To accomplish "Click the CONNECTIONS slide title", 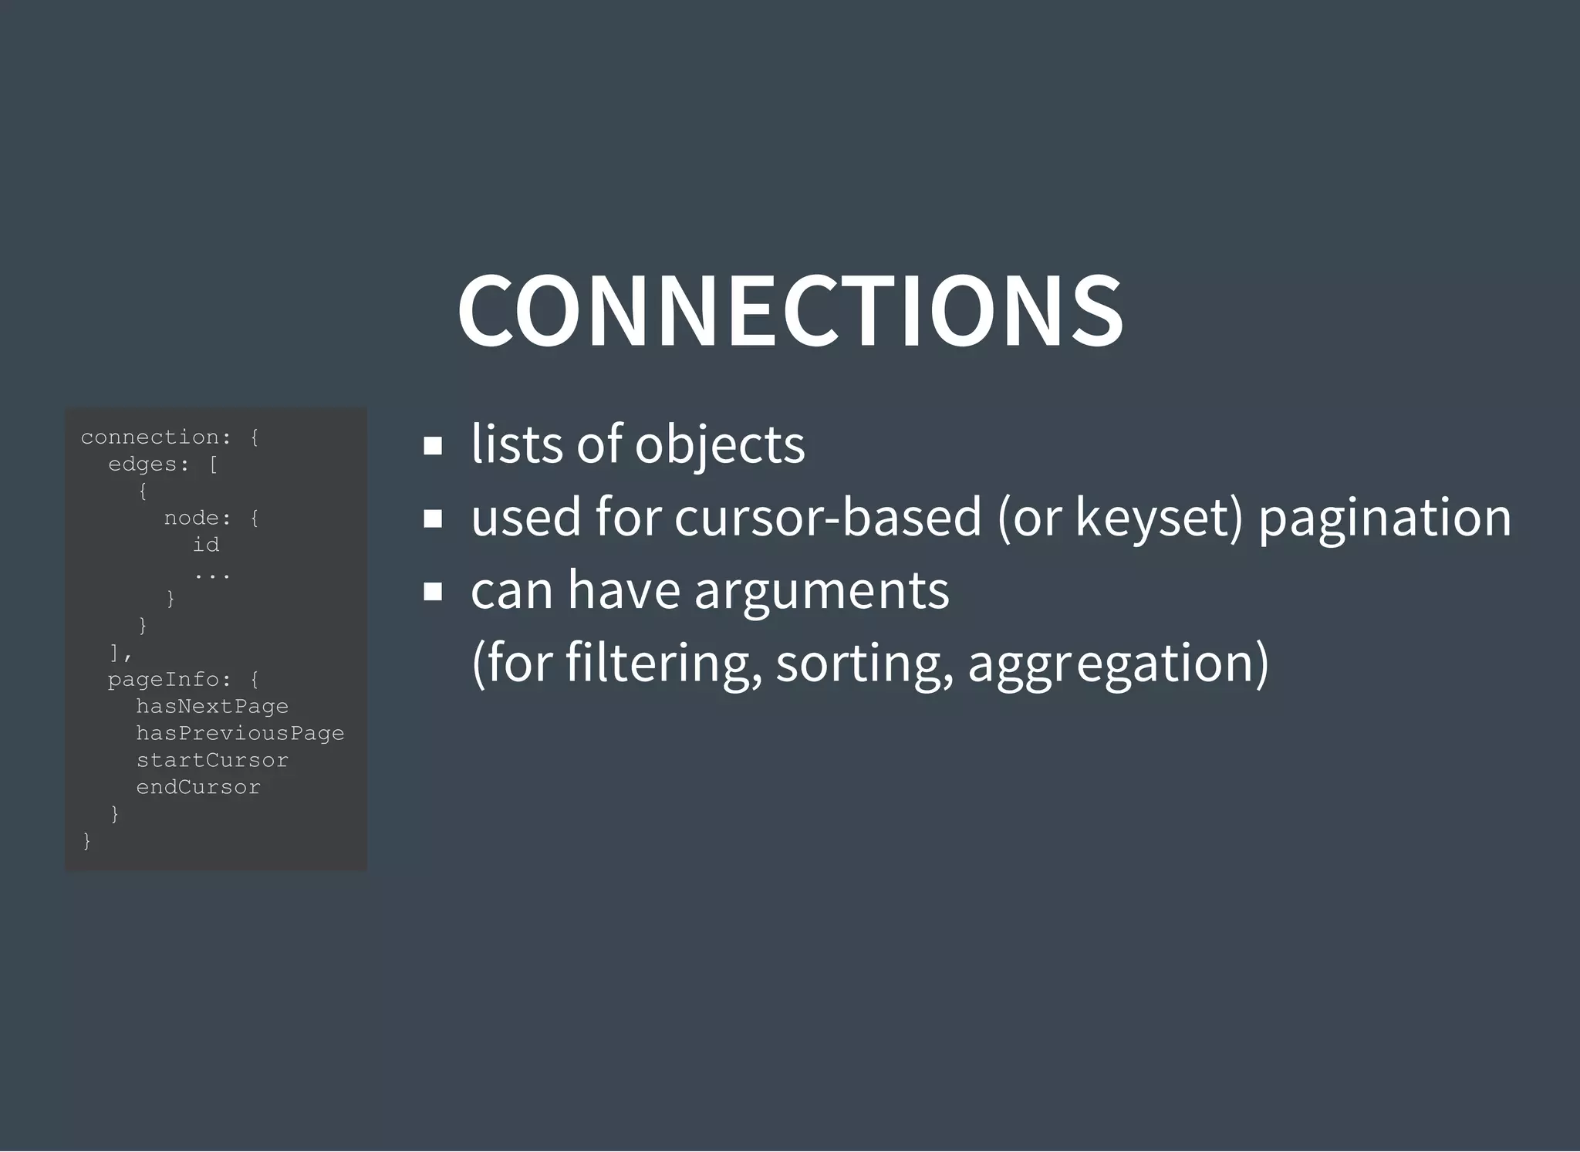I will (790, 310).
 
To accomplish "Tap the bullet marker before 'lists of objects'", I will (433, 445).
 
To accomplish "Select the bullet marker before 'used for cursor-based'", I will (433, 518).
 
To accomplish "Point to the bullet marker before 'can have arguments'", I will (433, 591).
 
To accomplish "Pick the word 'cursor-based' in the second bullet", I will (828, 517).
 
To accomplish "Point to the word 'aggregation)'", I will (1118, 664).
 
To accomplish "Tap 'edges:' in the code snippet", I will (149, 465).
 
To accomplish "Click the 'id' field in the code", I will (206, 545).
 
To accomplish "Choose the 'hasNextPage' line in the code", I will (212, 707).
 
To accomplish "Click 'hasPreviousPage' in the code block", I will (240, 733).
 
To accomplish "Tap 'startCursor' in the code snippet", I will (212, 760).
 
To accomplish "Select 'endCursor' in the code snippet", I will (198, 787).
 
